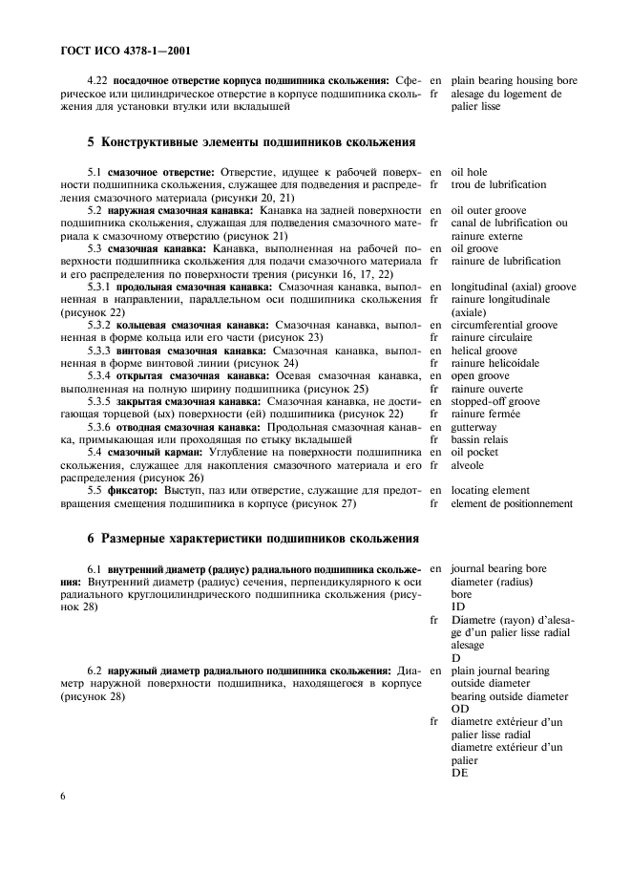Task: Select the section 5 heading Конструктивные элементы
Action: point(251,142)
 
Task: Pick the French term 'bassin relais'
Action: point(480,440)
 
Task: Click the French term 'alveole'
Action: point(468,465)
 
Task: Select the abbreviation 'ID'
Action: point(457,607)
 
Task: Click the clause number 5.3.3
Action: point(102,351)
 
